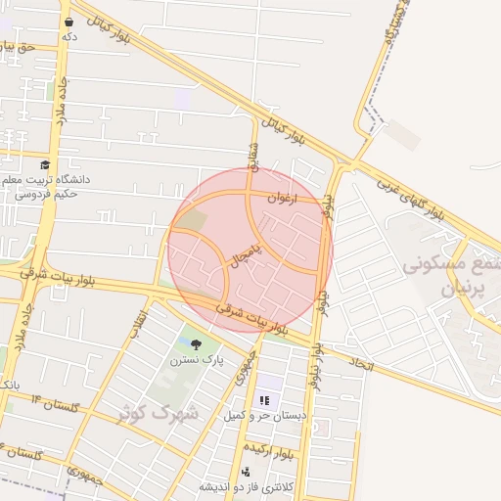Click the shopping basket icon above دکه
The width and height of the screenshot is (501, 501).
click(x=68, y=21)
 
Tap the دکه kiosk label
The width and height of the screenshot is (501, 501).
click(x=68, y=36)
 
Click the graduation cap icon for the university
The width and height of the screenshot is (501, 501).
click(x=44, y=165)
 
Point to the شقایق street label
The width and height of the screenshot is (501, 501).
click(x=252, y=155)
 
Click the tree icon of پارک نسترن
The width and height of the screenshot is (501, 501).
click(x=197, y=343)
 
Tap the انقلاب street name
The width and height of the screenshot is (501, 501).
click(x=139, y=326)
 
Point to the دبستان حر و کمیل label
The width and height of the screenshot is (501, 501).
click(x=263, y=416)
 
